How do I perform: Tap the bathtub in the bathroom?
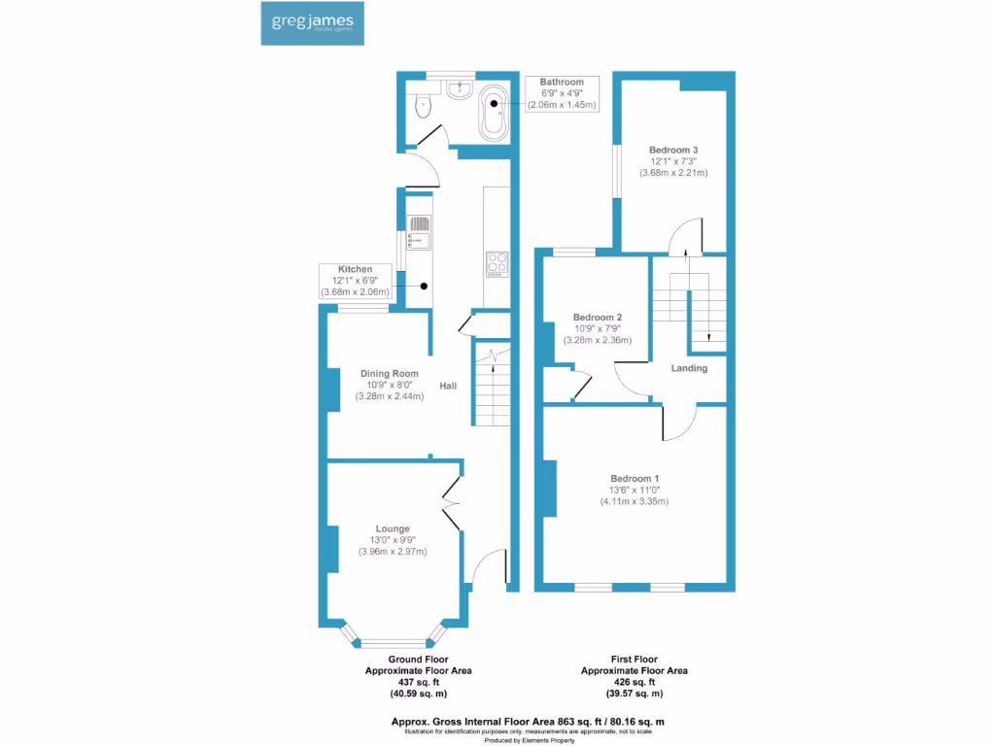(494, 115)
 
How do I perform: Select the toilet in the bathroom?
(421, 105)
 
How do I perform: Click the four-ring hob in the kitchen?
(497, 263)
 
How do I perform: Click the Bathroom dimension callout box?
(562, 93)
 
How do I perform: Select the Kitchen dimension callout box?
(355, 280)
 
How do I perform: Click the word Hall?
(448, 387)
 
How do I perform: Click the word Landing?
(689, 368)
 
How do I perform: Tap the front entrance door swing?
(491, 568)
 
